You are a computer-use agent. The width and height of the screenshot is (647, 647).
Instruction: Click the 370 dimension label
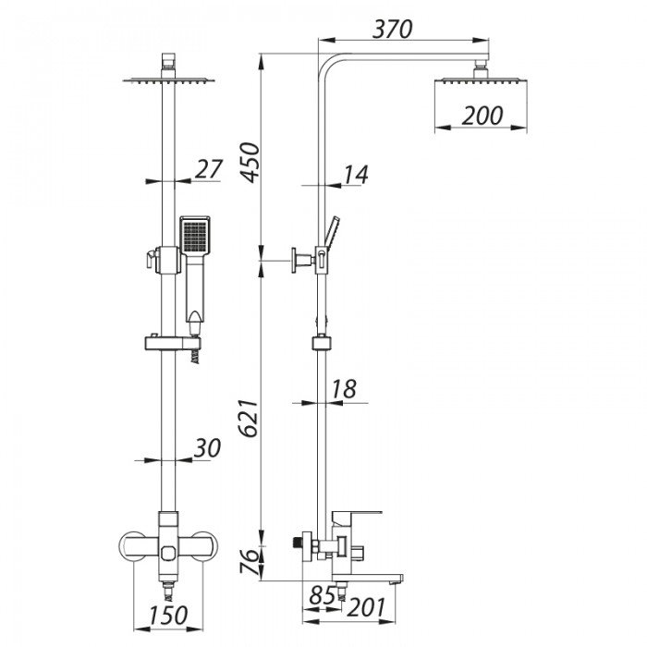[x=392, y=29]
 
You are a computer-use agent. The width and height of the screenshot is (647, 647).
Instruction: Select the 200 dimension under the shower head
[x=482, y=116]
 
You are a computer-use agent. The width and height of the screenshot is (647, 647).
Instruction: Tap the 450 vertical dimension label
[x=250, y=162]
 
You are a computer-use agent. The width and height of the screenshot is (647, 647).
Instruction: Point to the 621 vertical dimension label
[x=250, y=418]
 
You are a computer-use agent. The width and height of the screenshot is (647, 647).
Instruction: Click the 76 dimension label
[x=250, y=561]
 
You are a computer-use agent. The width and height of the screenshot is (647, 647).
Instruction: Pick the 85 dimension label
[x=323, y=595]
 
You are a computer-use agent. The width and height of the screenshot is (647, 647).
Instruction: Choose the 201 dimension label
[x=366, y=607]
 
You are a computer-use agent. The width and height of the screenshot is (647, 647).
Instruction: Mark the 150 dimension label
[x=168, y=616]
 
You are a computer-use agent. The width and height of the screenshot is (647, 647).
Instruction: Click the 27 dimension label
[x=209, y=169]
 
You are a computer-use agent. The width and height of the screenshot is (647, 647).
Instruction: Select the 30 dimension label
[x=207, y=448]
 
